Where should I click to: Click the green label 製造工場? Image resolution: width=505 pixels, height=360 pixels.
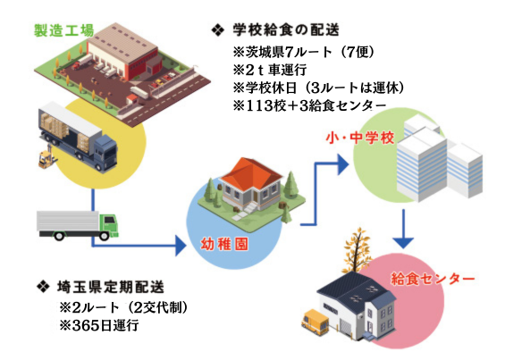(x=63, y=31)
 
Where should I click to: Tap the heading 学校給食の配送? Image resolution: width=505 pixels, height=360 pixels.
(x=286, y=30)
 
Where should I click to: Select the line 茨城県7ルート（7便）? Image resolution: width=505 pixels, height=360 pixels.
(x=304, y=52)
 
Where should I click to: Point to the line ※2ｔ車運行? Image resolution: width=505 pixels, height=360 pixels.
(x=270, y=70)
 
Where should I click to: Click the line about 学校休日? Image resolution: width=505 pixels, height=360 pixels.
(x=318, y=88)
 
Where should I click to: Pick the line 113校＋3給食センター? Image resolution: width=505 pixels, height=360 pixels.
(x=309, y=105)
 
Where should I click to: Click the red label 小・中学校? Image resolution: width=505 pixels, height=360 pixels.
(x=360, y=138)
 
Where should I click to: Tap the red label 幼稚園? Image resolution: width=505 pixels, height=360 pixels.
(x=224, y=245)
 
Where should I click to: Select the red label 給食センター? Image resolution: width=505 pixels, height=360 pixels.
(x=433, y=279)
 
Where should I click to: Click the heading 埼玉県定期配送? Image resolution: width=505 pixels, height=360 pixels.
(x=111, y=288)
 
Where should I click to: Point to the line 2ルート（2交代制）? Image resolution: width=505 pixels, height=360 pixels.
(x=123, y=308)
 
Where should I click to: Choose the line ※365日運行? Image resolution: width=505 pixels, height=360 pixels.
(x=99, y=325)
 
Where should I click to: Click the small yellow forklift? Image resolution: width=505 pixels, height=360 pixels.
(x=47, y=157)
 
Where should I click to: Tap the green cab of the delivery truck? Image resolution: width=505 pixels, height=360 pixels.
(x=108, y=225)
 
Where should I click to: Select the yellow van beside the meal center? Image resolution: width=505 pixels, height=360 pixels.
(x=315, y=321)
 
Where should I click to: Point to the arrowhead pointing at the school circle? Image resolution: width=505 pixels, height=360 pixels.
(x=343, y=164)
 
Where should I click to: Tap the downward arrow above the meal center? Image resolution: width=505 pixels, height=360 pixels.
(x=403, y=229)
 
